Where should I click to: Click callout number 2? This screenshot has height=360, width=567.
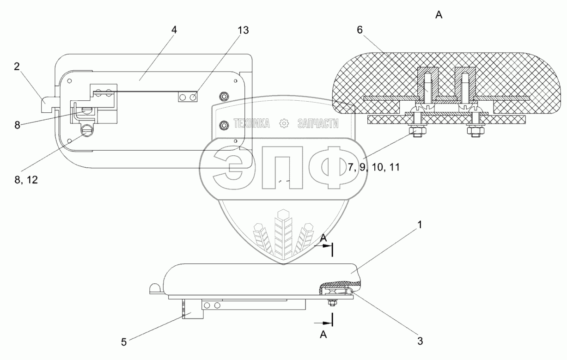click(17, 67)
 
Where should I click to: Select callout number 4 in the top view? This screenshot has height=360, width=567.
click(174, 30)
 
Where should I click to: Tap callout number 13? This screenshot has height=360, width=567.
click(243, 31)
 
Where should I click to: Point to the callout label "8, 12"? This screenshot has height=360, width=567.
click(25, 180)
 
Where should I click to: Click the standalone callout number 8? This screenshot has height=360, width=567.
click(17, 125)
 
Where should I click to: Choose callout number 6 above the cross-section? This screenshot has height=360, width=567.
click(360, 30)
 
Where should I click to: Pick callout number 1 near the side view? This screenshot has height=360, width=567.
click(420, 225)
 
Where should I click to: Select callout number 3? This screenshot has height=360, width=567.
click(420, 342)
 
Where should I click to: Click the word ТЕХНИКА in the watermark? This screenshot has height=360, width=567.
click(252, 123)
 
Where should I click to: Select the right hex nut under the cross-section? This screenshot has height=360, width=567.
click(475, 133)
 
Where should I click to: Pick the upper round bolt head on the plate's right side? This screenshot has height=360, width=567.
click(224, 96)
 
